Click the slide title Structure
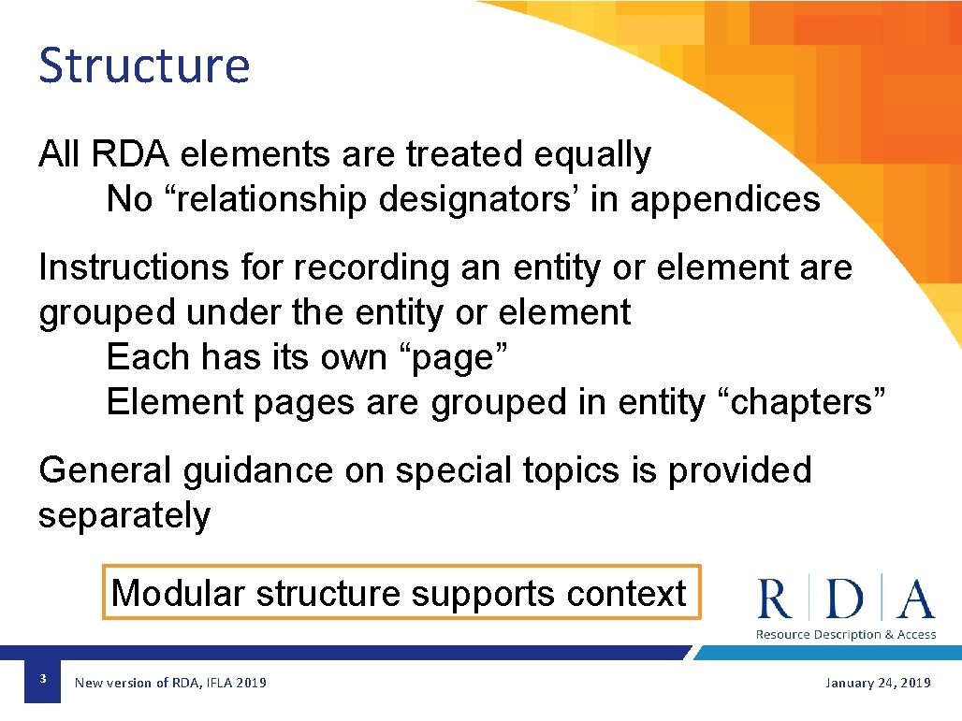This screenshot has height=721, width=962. click(x=144, y=65)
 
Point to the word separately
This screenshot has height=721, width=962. click(x=124, y=515)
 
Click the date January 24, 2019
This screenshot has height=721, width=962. click(x=877, y=683)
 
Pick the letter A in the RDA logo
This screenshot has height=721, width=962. click(x=915, y=599)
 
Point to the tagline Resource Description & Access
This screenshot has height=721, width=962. click(x=846, y=635)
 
